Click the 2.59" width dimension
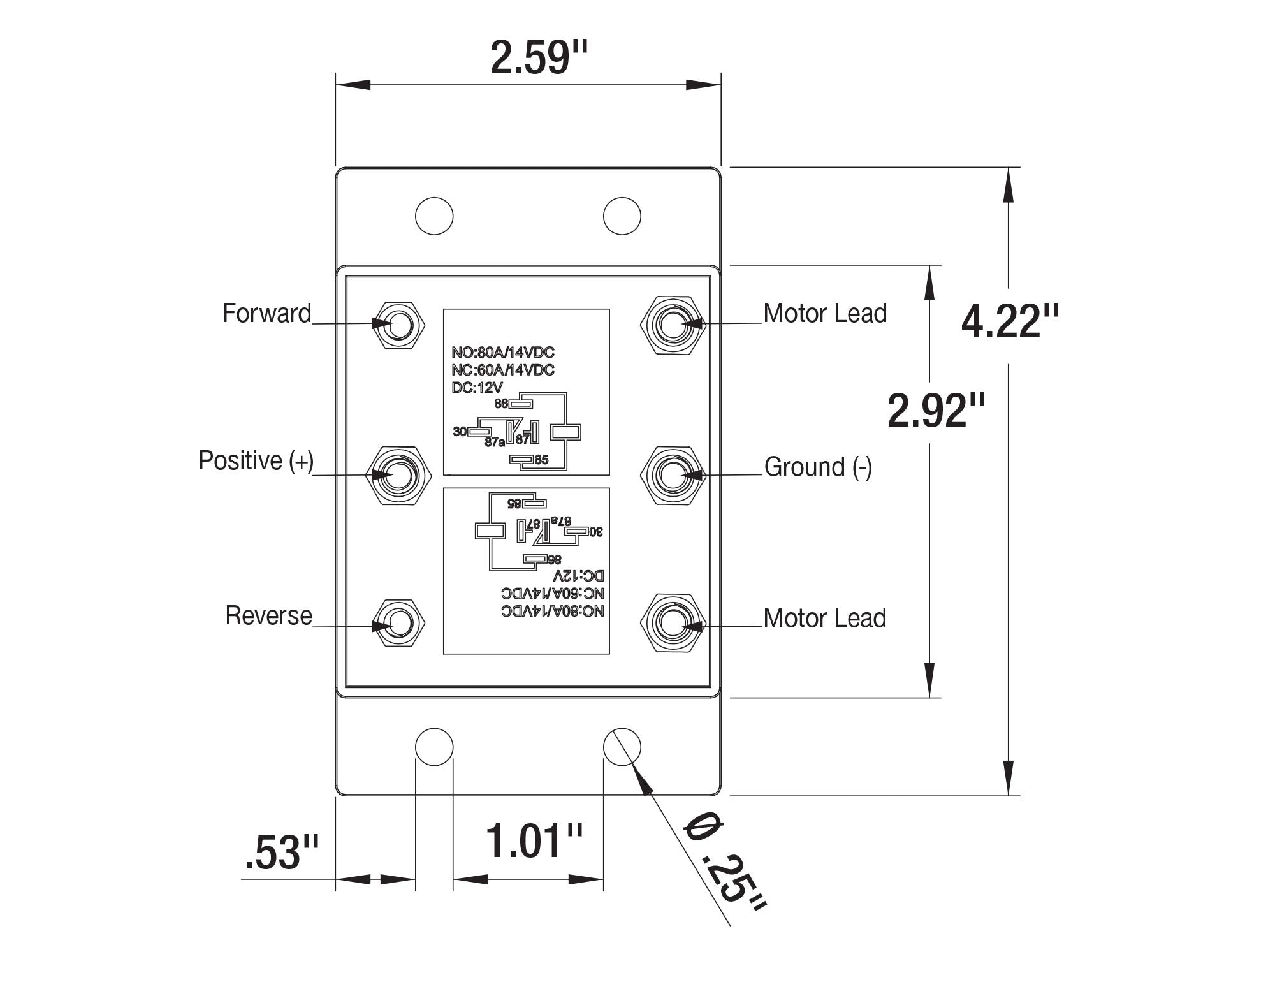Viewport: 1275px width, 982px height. pyautogui.click(x=539, y=58)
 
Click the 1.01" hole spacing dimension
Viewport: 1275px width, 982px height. pyautogui.click(x=534, y=840)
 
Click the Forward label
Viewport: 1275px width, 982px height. pyautogui.click(x=266, y=313)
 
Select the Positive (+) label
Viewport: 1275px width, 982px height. pyautogui.click(x=256, y=460)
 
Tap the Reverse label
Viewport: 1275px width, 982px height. pyautogui.click(x=268, y=615)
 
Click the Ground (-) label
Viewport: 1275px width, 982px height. pyautogui.click(x=818, y=467)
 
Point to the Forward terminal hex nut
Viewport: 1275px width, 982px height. pyautogui.click(x=399, y=324)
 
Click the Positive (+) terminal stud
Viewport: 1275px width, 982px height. pyautogui.click(x=399, y=475)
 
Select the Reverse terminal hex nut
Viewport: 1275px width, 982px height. pyautogui.click(x=399, y=623)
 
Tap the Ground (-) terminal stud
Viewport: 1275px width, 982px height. pyautogui.click(x=673, y=475)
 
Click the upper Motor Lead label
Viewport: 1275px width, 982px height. pyautogui.click(x=825, y=313)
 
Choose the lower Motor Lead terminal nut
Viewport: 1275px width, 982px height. pyautogui.click(x=673, y=623)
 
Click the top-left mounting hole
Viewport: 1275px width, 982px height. pyautogui.click(x=434, y=216)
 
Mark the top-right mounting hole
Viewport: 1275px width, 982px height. pyautogui.click(x=622, y=216)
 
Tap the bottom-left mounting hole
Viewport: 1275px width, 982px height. pyautogui.click(x=434, y=747)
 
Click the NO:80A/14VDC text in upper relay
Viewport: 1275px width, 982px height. pyautogui.click(x=503, y=353)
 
